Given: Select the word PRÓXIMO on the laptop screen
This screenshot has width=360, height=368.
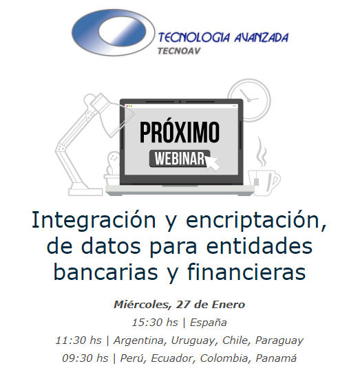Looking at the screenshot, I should coord(180,131).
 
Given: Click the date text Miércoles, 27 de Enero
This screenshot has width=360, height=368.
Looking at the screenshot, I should coord(179,304).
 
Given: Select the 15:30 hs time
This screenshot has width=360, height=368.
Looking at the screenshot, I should coord(149,322).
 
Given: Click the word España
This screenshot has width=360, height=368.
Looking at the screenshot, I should coord(208,322).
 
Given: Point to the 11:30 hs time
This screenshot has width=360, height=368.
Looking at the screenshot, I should coord(78,340).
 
